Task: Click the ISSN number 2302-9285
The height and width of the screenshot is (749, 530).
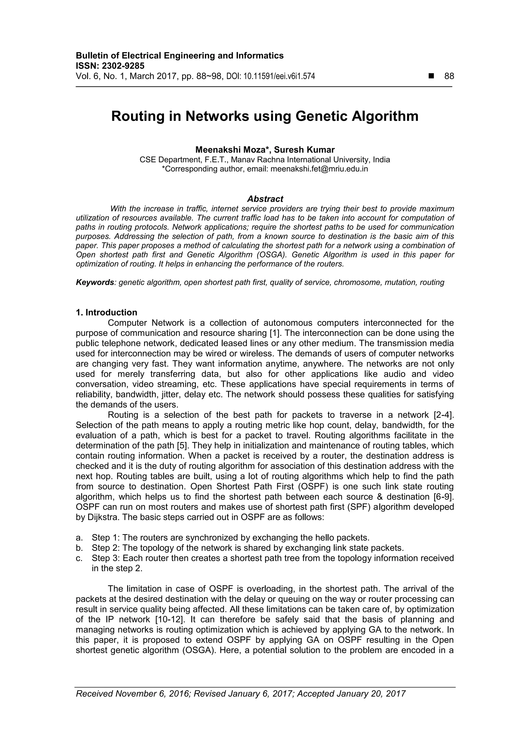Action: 123,66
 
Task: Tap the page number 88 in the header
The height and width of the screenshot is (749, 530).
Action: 449,76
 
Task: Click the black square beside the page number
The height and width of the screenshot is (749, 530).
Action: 432,76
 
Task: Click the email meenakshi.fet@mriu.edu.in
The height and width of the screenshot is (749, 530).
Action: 319,169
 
